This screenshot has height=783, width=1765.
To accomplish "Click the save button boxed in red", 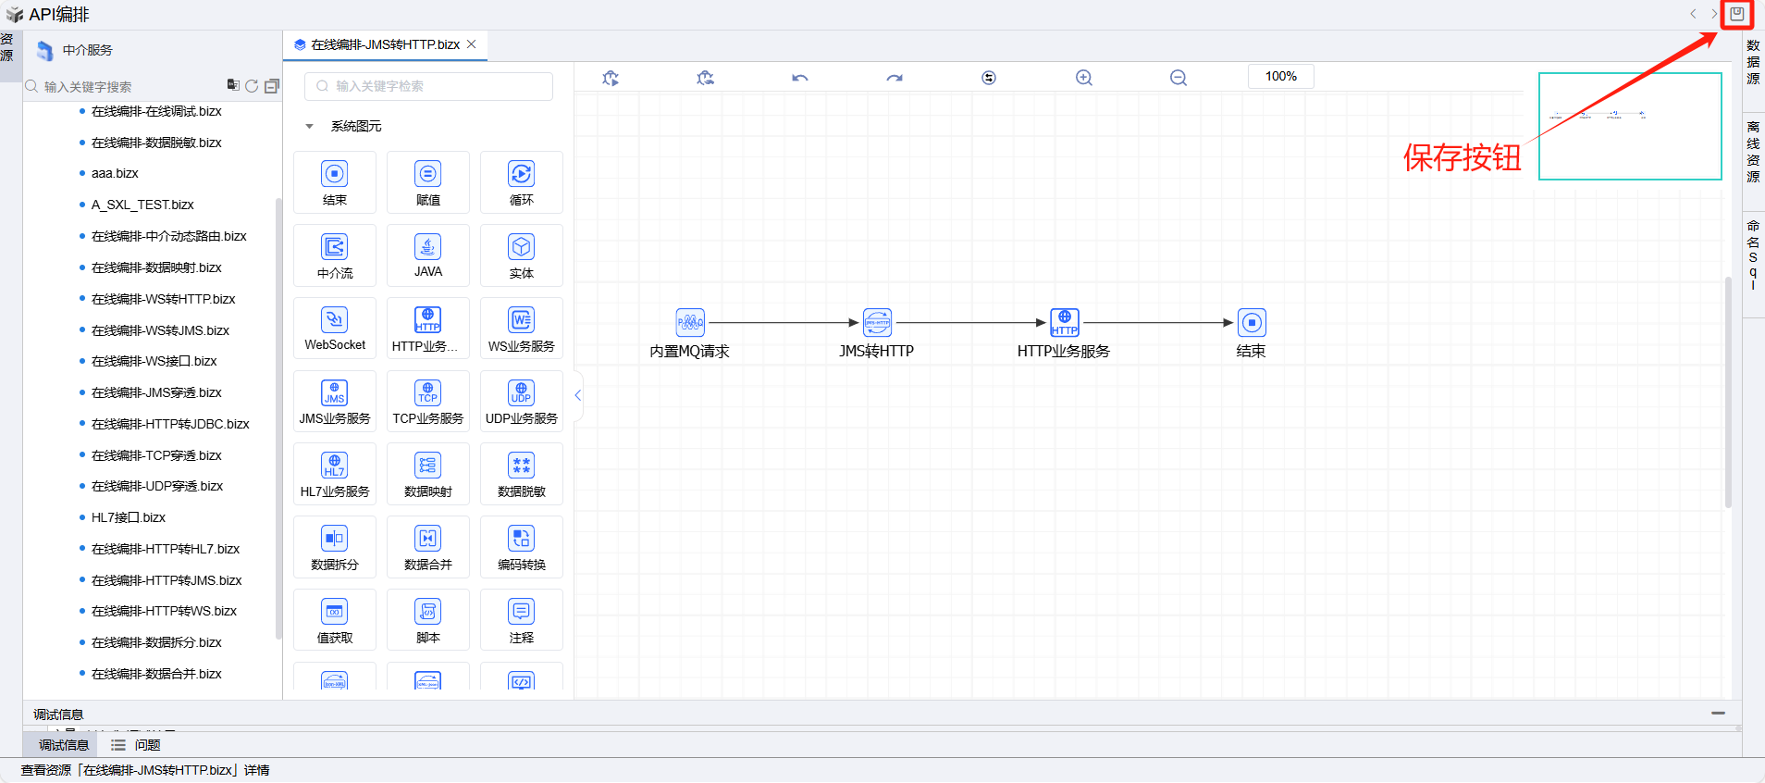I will click(x=1736, y=14).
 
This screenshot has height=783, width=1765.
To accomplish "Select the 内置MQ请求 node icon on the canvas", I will click(x=690, y=322).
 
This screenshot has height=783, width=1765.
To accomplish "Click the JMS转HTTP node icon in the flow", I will click(x=877, y=322).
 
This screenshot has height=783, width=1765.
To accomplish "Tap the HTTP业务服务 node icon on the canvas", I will click(x=1065, y=322).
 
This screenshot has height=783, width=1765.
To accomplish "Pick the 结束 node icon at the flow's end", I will click(x=1252, y=322).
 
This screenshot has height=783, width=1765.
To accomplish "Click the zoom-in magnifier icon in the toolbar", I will click(x=1084, y=78).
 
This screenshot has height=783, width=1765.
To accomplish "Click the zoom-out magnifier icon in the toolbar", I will click(x=1178, y=78).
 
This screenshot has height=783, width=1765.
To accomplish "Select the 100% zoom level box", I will click(x=1280, y=77).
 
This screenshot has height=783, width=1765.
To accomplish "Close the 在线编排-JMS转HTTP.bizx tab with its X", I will click(x=472, y=44).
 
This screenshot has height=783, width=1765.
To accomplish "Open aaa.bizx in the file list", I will click(x=115, y=173).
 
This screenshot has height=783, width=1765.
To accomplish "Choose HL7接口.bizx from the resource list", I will click(x=129, y=517).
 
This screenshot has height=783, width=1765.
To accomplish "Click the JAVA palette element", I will click(x=427, y=255).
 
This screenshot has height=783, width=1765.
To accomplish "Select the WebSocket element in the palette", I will click(x=335, y=328).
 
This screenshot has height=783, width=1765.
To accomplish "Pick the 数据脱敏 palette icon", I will click(x=521, y=473).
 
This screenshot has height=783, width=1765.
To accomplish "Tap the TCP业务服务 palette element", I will click(x=427, y=400).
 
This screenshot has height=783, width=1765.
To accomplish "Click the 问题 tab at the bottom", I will click(x=146, y=745).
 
